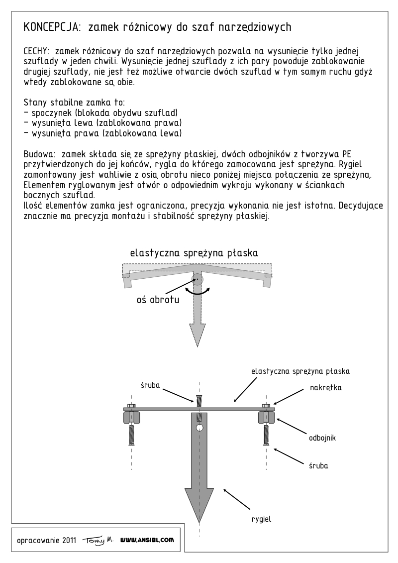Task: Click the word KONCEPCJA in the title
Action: pos(51,27)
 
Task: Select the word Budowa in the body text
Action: pos(39,152)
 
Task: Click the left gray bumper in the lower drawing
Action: pos(132,417)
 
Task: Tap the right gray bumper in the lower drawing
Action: pos(265,417)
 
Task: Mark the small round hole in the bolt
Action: pos(199,428)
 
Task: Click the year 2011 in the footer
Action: pos(69,541)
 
